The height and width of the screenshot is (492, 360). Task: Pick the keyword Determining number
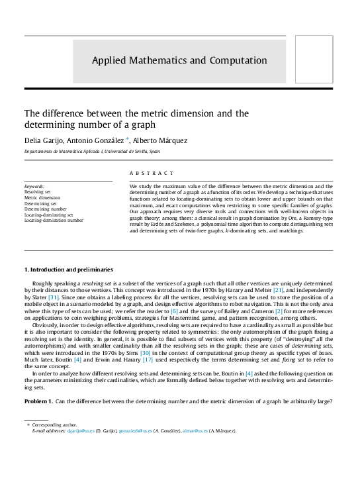click(x=46, y=209)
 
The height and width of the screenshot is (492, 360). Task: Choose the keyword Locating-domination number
click(x=54, y=220)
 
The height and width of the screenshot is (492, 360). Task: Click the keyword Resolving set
click(x=38, y=192)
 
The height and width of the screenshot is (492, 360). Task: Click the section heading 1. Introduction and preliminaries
click(x=68, y=270)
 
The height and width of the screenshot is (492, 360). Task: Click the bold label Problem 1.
click(x=39, y=403)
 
